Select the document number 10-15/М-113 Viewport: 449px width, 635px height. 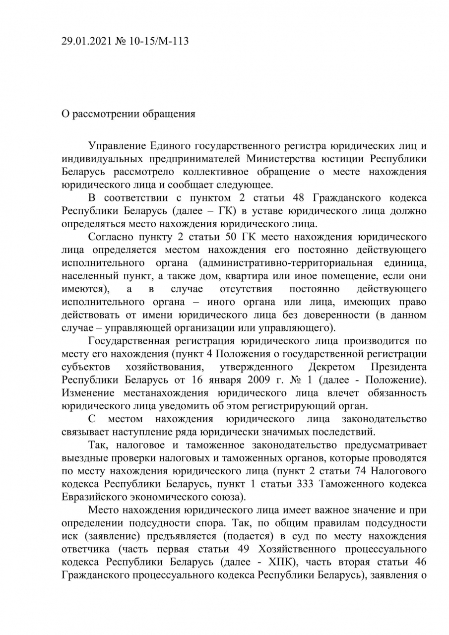point(159,41)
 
